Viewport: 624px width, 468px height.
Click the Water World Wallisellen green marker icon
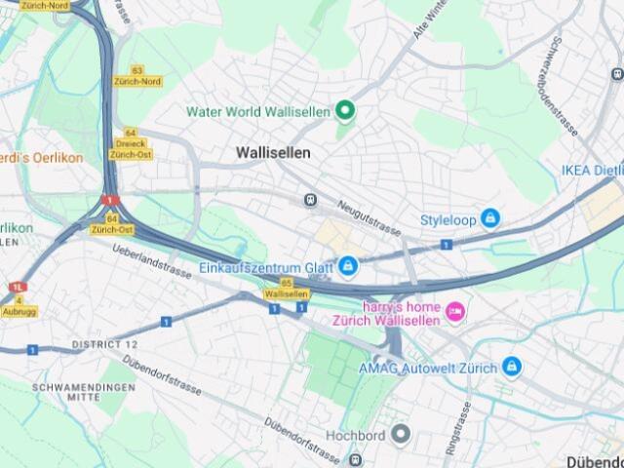pos(344,110)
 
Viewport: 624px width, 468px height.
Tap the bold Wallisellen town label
pos(274,153)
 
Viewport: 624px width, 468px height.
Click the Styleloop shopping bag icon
pos(490,219)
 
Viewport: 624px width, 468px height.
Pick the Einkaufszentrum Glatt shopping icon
pos(348,265)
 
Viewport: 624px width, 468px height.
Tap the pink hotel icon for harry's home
pos(454,311)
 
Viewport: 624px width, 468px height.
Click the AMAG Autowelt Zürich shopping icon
pos(512,367)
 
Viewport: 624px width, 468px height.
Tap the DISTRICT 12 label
pos(103,345)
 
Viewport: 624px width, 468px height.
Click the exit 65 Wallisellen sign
pos(287,289)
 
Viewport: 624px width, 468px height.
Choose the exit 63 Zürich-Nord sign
pos(137,76)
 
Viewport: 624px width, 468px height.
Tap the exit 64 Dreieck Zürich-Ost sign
pos(130,143)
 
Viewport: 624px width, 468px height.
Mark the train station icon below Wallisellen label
pos(311,199)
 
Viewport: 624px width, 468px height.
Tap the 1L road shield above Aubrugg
pos(17,288)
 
